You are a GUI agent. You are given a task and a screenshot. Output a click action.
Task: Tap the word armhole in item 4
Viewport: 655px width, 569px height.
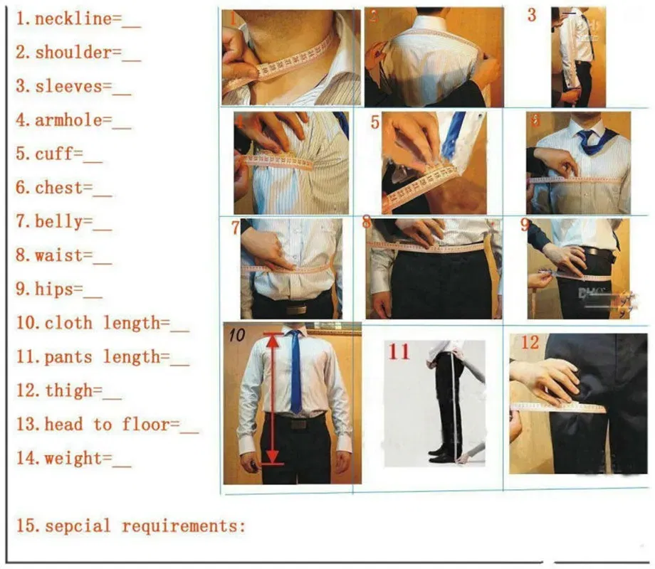coord(68,120)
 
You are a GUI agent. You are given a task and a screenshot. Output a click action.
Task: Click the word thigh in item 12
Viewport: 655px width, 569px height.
coord(69,390)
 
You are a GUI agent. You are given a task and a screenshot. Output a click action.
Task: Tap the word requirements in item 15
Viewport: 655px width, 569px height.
coord(183,526)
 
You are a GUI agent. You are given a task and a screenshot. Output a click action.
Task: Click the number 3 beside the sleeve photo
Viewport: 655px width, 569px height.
coord(532,15)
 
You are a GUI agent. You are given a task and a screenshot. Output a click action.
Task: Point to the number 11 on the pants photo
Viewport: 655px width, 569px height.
coord(399,351)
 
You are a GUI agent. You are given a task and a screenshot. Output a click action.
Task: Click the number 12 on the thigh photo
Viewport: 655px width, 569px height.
coord(530,343)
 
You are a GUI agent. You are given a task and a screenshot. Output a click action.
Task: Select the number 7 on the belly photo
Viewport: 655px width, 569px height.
coord(236,229)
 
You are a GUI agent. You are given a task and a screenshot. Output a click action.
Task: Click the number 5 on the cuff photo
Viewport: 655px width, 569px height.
coord(375,122)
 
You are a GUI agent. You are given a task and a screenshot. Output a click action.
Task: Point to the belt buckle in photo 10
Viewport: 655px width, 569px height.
coord(298,423)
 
